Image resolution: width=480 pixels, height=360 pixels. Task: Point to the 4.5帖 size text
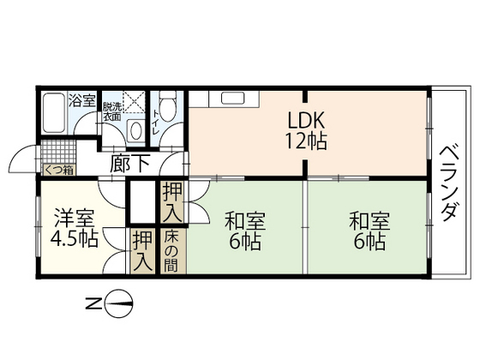click(x=73, y=239)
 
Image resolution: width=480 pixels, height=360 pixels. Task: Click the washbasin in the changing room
click(x=135, y=131)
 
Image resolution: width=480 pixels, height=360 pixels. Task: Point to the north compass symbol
click(x=122, y=302)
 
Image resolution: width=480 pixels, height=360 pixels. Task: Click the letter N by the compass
click(x=92, y=302)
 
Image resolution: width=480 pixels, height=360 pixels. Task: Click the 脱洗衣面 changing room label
click(x=111, y=112)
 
